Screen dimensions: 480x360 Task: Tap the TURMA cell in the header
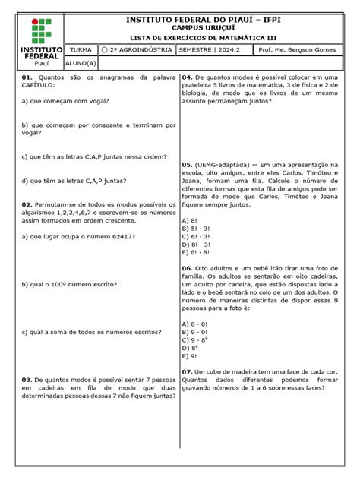point(81,50)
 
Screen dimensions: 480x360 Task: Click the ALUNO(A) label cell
point(81,65)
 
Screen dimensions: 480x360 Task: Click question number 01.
point(27,77)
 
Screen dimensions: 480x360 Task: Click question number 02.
point(27,204)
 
